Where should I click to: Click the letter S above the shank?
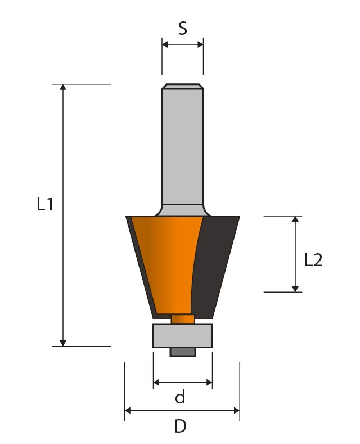(x=183, y=28)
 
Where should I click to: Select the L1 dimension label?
(x=45, y=204)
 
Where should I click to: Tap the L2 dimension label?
(x=313, y=260)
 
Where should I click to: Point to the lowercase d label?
(x=181, y=397)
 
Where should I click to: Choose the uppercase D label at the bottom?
(x=181, y=426)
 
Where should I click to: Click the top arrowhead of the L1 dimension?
(x=63, y=87)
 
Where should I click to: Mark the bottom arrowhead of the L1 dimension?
(x=63, y=343)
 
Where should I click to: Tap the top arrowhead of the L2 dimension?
(x=295, y=219)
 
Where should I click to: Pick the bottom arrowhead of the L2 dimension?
(x=295, y=289)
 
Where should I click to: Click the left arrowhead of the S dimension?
(x=165, y=44)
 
